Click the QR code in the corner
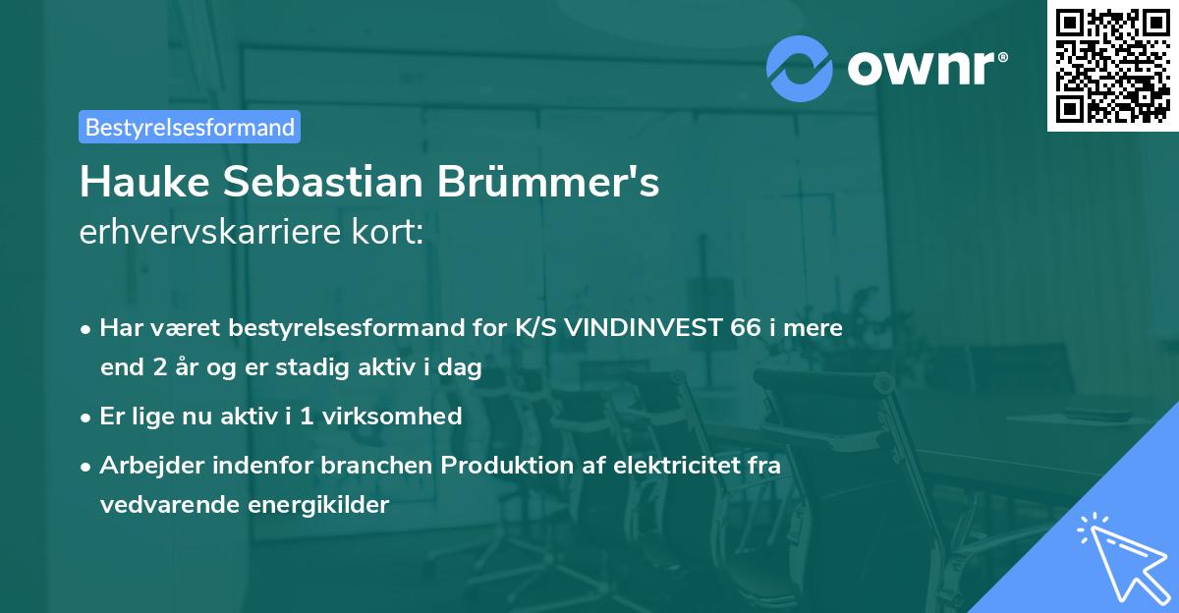click(x=1112, y=65)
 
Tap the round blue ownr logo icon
click(x=801, y=68)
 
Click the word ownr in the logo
click(x=926, y=68)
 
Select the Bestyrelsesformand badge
click(x=190, y=127)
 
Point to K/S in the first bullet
click(x=533, y=328)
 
